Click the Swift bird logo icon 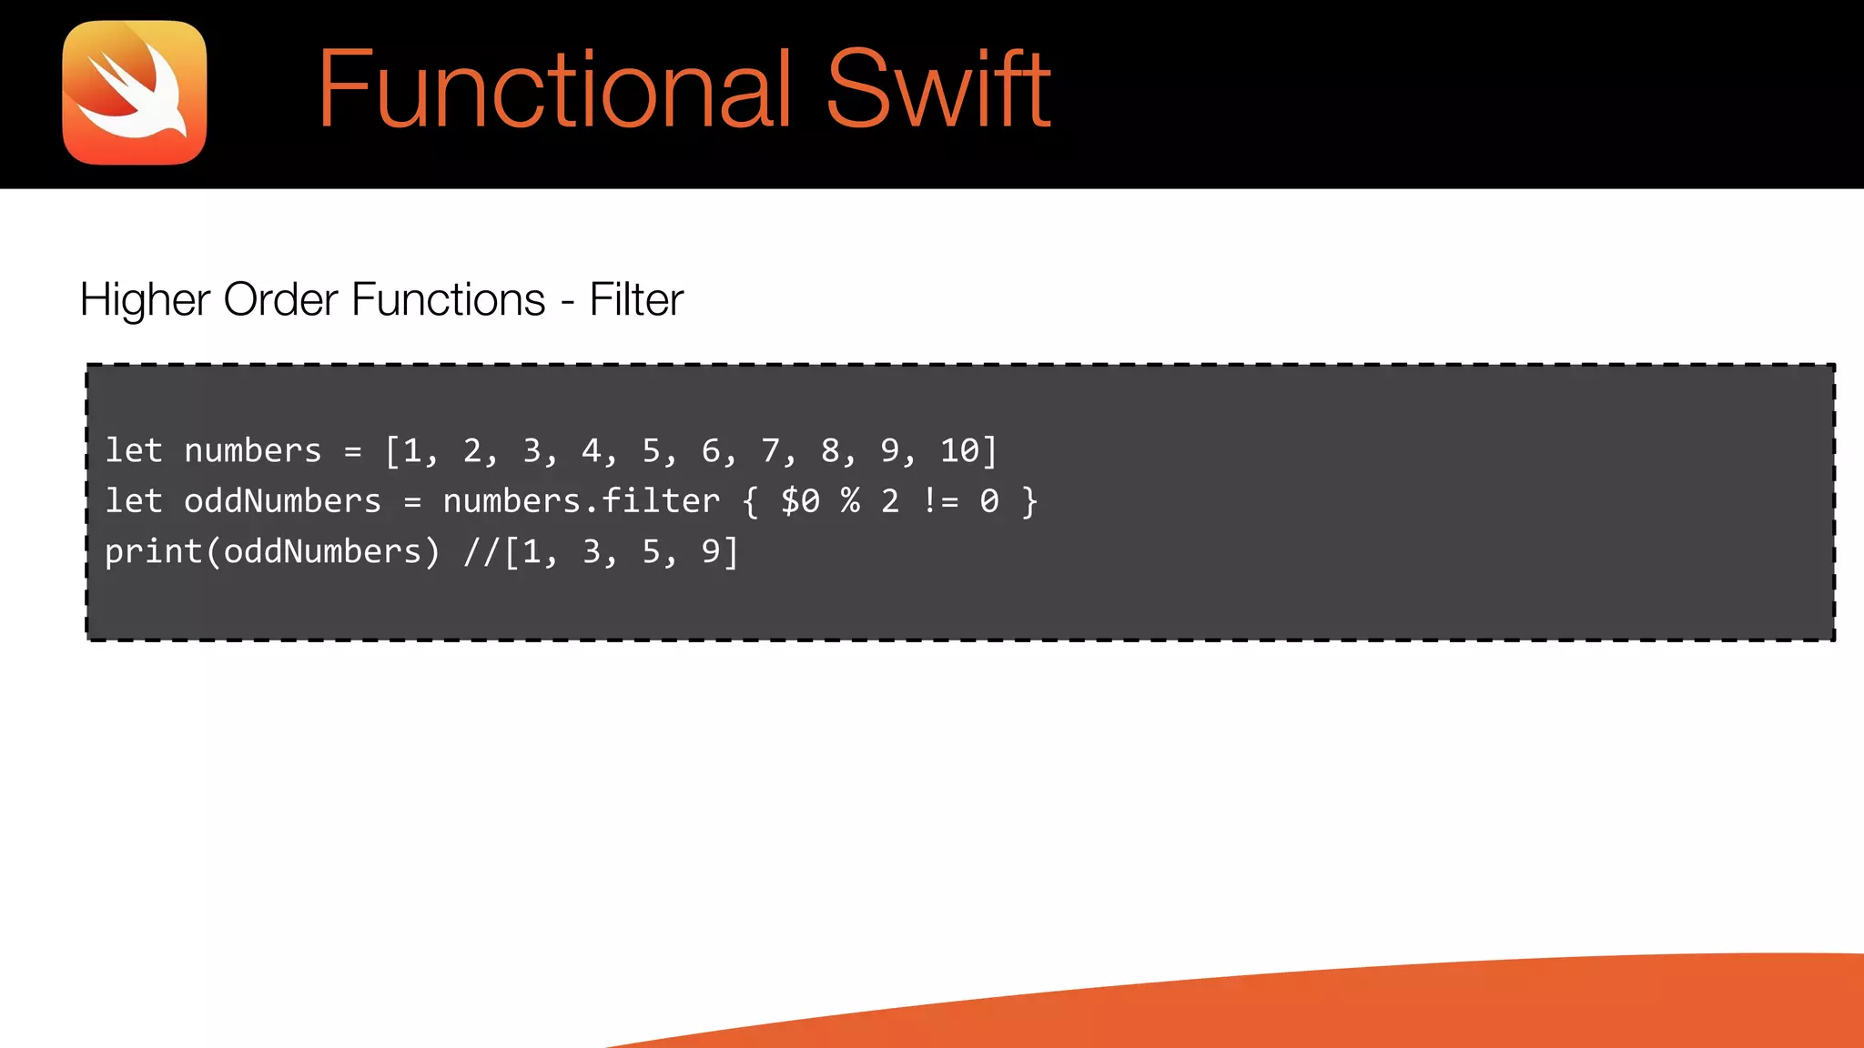pos(135,93)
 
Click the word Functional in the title pos(554,90)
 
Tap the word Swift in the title pos(938,90)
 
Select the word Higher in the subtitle pos(145,300)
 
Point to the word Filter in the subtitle pos(636,300)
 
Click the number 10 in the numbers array pos(959,451)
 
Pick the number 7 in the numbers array pos(770,451)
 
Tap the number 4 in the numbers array pos(592,451)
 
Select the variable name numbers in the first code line pos(253,451)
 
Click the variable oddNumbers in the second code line pos(282,501)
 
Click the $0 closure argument pos(800,501)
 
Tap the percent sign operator pos(850,501)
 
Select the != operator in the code pos(940,501)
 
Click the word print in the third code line pos(153,552)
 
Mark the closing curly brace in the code pos(1029,501)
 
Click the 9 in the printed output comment pos(711,552)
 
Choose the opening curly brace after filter pos(750,501)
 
